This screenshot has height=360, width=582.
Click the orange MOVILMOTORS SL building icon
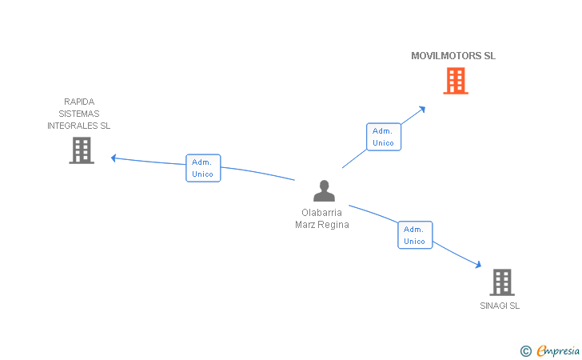tap(455, 81)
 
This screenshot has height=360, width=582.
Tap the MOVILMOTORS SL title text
tap(453, 56)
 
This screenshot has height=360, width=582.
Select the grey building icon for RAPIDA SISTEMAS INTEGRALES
tap(82, 150)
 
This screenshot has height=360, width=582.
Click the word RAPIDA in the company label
tap(79, 102)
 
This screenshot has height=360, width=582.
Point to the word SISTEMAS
tap(79, 114)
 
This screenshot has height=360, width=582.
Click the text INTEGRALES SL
tap(79, 126)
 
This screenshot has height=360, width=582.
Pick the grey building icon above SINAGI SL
tap(501, 282)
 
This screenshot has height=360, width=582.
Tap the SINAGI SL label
tap(500, 306)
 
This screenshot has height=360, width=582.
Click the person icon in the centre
tap(324, 190)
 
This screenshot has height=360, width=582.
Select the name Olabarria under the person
tap(321, 213)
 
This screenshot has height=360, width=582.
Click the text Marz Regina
tap(321, 225)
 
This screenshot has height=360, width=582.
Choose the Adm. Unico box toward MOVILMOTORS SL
tap(383, 137)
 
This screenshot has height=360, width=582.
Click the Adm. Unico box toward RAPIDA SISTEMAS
tap(203, 168)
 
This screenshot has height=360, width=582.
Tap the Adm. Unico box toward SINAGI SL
tap(415, 235)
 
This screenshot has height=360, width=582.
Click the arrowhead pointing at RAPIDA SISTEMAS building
tap(114, 158)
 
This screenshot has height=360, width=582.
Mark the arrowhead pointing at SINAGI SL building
tap(478, 266)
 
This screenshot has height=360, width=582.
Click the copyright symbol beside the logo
tap(525, 350)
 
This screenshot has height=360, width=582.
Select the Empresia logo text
tap(560, 350)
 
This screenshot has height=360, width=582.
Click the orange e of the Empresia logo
tap(541, 350)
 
